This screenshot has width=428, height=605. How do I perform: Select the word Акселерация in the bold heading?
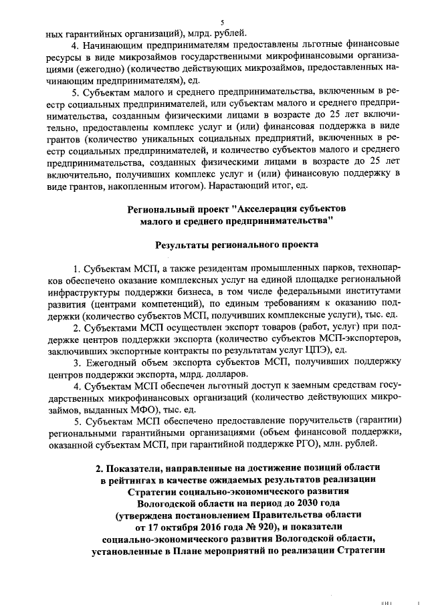click(251, 208)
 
